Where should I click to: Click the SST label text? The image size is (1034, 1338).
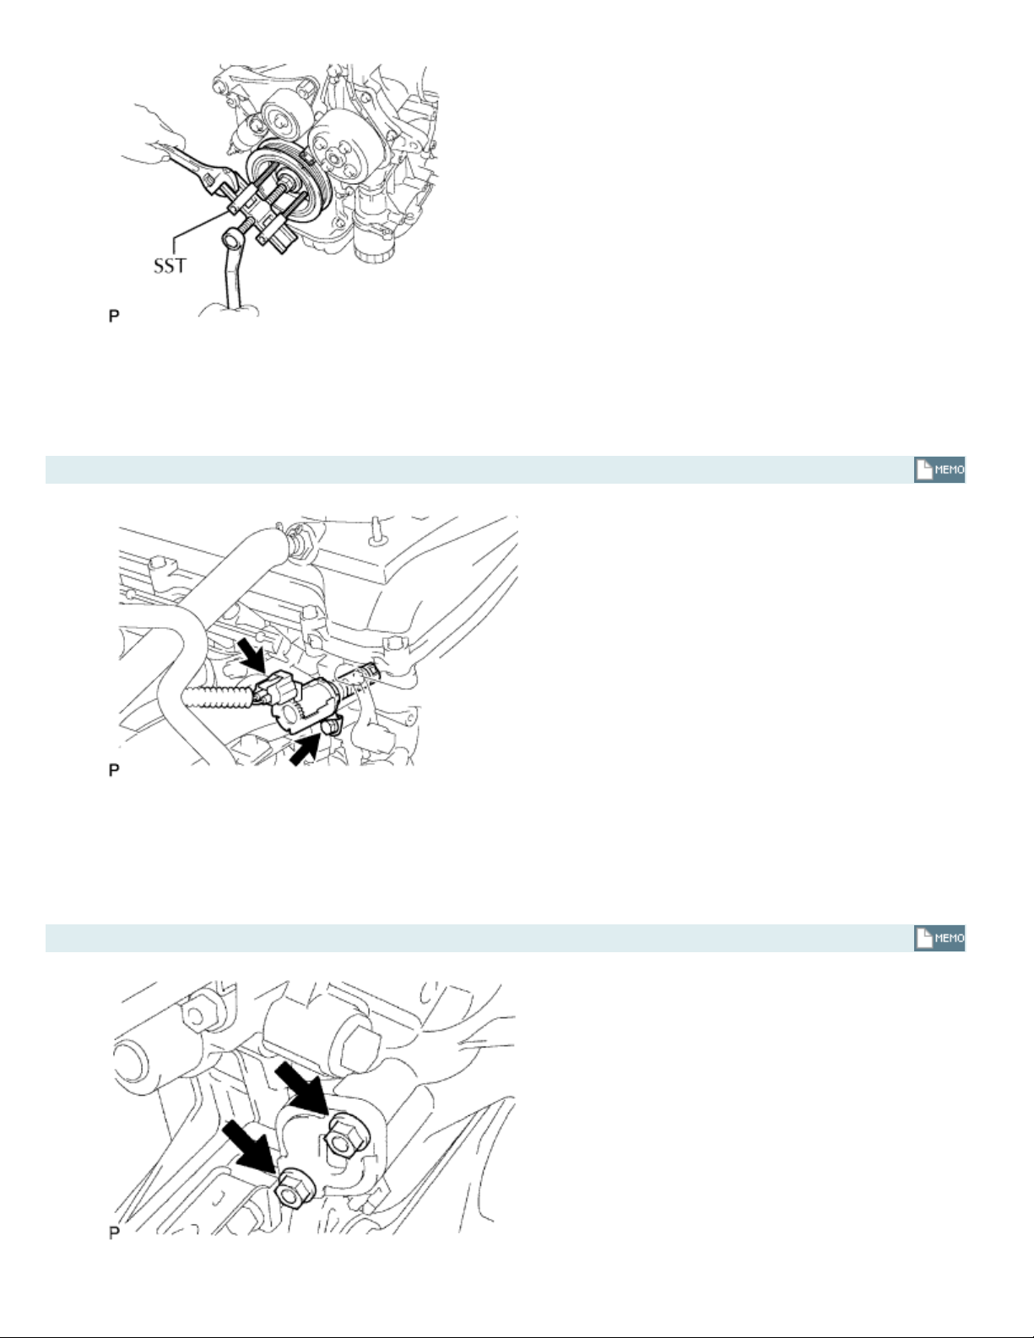(170, 266)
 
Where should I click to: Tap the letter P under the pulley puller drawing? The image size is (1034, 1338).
(114, 317)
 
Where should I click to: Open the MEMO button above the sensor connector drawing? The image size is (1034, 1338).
(939, 470)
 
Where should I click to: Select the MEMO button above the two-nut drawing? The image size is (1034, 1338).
(939, 939)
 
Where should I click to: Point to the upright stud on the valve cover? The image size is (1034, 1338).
(373, 529)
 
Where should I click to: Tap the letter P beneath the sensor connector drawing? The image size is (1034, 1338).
(114, 770)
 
